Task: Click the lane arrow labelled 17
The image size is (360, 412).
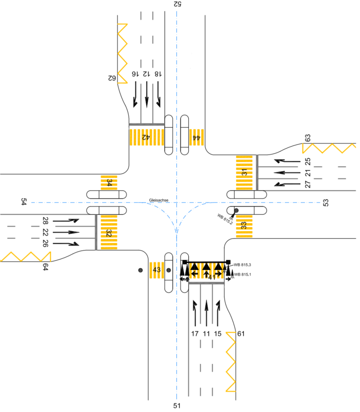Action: coord(195,313)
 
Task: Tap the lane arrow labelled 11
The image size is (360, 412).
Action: coord(206,313)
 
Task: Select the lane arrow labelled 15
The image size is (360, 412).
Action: coord(217,313)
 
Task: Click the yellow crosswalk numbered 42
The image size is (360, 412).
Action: coord(146,137)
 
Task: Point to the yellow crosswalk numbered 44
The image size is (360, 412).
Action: coord(197,137)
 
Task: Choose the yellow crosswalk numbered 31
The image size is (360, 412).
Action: coord(244,173)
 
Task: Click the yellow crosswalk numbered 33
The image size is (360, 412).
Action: coord(244,226)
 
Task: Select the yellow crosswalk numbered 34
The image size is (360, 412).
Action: coord(109,182)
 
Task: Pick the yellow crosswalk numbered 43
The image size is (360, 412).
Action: coord(156,270)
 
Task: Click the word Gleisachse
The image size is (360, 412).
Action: coord(158,200)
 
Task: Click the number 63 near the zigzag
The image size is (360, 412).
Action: coord(308,138)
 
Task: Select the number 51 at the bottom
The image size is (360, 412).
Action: coord(176,406)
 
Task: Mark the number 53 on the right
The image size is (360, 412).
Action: coord(326,203)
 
